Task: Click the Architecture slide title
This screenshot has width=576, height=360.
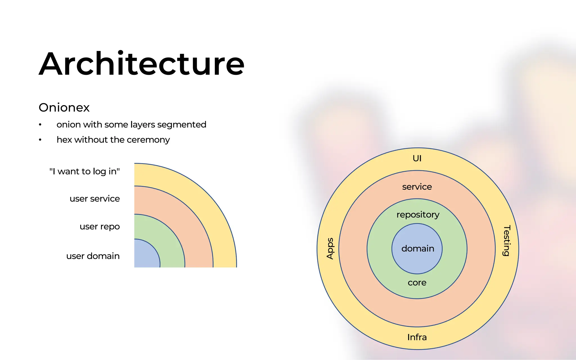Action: click(141, 64)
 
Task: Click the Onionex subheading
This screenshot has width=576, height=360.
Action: click(64, 107)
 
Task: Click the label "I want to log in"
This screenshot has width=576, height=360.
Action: click(85, 171)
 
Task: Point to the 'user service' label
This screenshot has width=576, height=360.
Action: click(95, 199)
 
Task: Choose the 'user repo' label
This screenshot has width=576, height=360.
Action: click(100, 226)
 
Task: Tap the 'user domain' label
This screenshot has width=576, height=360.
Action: click(93, 256)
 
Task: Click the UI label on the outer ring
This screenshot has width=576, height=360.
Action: click(417, 158)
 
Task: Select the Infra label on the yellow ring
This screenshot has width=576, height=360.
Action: click(417, 337)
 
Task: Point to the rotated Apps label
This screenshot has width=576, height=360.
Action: click(330, 248)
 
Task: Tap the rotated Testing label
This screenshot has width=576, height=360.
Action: click(507, 240)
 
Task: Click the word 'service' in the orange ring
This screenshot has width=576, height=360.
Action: click(417, 187)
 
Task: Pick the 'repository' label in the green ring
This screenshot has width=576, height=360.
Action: click(418, 215)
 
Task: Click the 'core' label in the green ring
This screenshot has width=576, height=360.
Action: click(417, 283)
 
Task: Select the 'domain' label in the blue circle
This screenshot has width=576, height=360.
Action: click(418, 249)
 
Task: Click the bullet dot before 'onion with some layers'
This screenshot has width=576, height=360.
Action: click(40, 125)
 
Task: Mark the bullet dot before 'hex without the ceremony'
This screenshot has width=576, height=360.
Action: click(40, 140)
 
